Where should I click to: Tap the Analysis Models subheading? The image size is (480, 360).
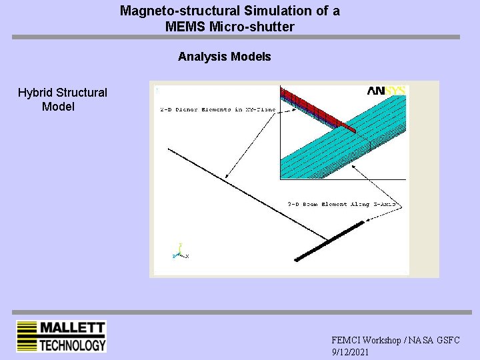pyautogui.click(x=225, y=57)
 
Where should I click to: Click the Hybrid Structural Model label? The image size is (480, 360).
pyautogui.click(x=62, y=99)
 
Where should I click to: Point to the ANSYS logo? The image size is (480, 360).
pyautogui.click(x=387, y=91)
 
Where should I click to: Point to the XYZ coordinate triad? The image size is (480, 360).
pyautogui.click(x=180, y=253)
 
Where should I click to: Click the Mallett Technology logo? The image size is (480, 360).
pyautogui.click(x=61, y=337)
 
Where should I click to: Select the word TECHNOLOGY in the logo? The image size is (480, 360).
pyautogui.click(x=73, y=345)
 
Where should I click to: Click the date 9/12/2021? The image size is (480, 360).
pyautogui.click(x=350, y=351)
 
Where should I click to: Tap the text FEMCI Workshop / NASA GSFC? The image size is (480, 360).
pyautogui.click(x=395, y=340)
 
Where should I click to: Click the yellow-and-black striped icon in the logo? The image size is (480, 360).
pyautogui.click(x=27, y=337)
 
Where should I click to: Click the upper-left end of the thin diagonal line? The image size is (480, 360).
pyautogui.click(x=169, y=150)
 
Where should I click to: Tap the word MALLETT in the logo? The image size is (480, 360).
pyautogui.click(x=73, y=328)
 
